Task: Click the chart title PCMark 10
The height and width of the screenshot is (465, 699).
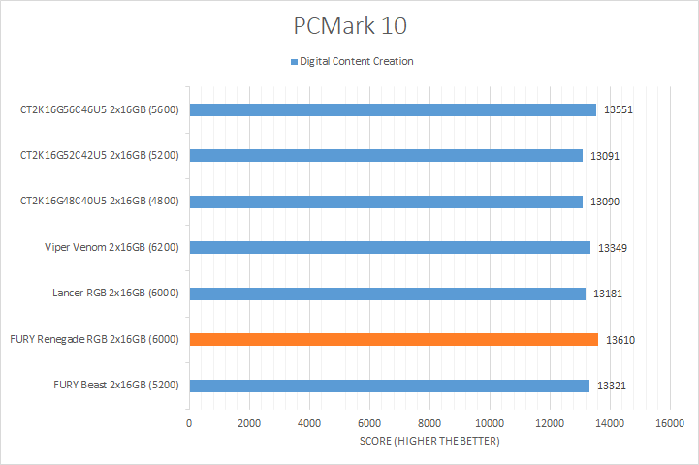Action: pos(349,24)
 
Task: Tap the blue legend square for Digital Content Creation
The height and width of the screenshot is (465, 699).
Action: pos(294,62)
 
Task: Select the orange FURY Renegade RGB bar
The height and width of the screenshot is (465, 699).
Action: pos(394,339)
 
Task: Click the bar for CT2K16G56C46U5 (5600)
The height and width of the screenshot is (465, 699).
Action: pos(393,109)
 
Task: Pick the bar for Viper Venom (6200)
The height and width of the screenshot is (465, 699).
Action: pos(390,247)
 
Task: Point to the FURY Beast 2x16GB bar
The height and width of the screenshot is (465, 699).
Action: pos(389,386)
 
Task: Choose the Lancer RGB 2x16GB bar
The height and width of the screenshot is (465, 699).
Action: pos(387,294)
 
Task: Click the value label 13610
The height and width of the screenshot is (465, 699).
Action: pos(620,340)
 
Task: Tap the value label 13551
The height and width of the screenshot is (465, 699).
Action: pos(619,110)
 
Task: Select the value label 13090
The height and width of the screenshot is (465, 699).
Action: pos(605,202)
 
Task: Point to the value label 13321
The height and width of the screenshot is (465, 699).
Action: pos(612,387)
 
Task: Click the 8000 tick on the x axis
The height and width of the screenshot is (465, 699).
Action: pos(429,423)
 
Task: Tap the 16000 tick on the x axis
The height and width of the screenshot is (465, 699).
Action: pos(670,423)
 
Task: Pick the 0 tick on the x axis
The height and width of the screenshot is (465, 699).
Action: pos(189,423)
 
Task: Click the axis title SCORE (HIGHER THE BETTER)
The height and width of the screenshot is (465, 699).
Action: pos(429,442)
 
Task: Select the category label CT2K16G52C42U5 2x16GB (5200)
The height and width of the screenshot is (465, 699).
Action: pos(100,155)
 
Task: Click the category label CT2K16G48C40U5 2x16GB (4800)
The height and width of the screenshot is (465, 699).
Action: pos(100,201)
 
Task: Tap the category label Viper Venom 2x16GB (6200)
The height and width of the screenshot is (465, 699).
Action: pos(118,247)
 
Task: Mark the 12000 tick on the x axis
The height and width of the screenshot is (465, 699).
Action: pos(550,423)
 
